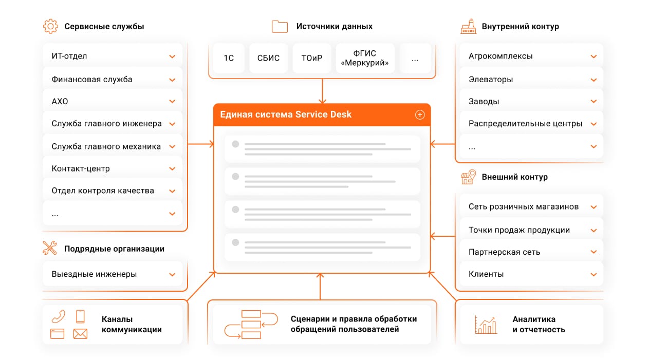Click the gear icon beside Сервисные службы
pyautogui.click(x=50, y=26)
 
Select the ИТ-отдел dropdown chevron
pyautogui.click(x=172, y=56)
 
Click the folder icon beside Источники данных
pyautogui.click(x=280, y=26)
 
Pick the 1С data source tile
pyautogui.click(x=229, y=58)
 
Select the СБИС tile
pyautogui.click(x=268, y=58)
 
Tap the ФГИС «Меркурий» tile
pyautogui.click(x=365, y=58)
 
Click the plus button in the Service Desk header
pyautogui.click(x=420, y=115)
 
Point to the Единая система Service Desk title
pyautogui.click(x=286, y=115)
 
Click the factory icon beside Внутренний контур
pyautogui.click(x=468, y=26)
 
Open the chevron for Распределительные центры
pyautogui.click(x=594, y=124)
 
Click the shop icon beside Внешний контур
pyautogui.click(x=468, y=177)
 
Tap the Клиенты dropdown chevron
pyautogui.click(x=594, y=274)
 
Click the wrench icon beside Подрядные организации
pyautogui.click(x=50, y=249)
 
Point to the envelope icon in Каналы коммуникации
pyautogui.click(x=80, y=334)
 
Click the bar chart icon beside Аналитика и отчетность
pyautogui.click(x=486, y=325)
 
